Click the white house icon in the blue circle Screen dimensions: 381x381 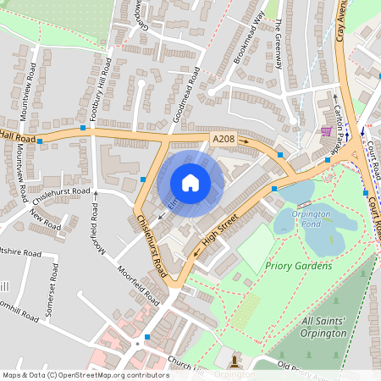coord(190,182)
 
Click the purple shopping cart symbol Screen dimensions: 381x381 coord(325,131)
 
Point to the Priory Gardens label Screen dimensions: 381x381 coord(298,265)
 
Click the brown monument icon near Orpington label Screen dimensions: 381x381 coord(235,360)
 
